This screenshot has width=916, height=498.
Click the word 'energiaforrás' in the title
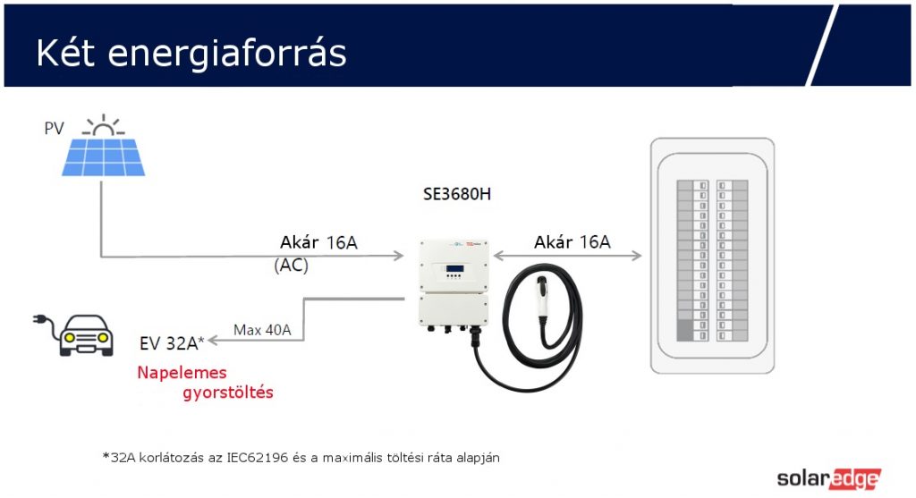(227, 54)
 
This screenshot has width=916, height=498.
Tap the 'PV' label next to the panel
(55, 129)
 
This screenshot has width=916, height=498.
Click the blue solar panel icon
(105, 156)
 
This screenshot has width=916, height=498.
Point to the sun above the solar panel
(106, 125)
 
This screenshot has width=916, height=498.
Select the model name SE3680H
(457, 193)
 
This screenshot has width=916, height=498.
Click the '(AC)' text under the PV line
(292, 266)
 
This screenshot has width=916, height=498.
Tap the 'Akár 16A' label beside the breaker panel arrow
(572, 241)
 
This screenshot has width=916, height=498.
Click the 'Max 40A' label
(262, 330)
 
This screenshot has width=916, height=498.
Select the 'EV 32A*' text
(173, 342)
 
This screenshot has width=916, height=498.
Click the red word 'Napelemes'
(182, 372)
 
